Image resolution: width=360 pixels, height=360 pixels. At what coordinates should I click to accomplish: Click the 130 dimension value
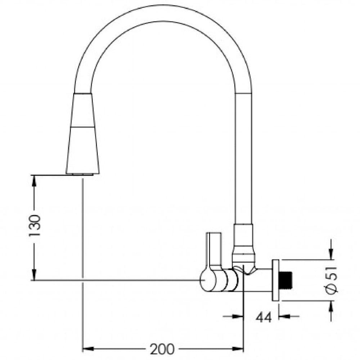click(35, 225)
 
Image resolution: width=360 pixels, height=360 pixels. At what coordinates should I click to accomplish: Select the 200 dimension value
click(162, 348)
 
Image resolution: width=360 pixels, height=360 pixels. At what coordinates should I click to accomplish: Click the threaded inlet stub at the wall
click(287, 280)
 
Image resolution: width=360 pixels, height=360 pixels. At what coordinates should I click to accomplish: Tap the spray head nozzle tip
click(82, 174)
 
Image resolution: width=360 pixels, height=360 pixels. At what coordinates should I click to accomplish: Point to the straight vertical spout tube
click(243, 158)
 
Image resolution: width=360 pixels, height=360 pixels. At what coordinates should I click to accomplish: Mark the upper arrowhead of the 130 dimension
click(34, 180)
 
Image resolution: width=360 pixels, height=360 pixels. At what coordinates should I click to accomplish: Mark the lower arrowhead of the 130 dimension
click(34, 275)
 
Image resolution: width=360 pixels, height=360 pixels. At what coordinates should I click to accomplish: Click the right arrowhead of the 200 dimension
click(239, 348)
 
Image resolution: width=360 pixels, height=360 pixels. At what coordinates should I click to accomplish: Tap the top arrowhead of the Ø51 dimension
click(331, 255)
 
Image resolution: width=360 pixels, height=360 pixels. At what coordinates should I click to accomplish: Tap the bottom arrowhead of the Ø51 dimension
click(331, 306)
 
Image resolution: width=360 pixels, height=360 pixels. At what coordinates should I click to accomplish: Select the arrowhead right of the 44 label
click(284, 316)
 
